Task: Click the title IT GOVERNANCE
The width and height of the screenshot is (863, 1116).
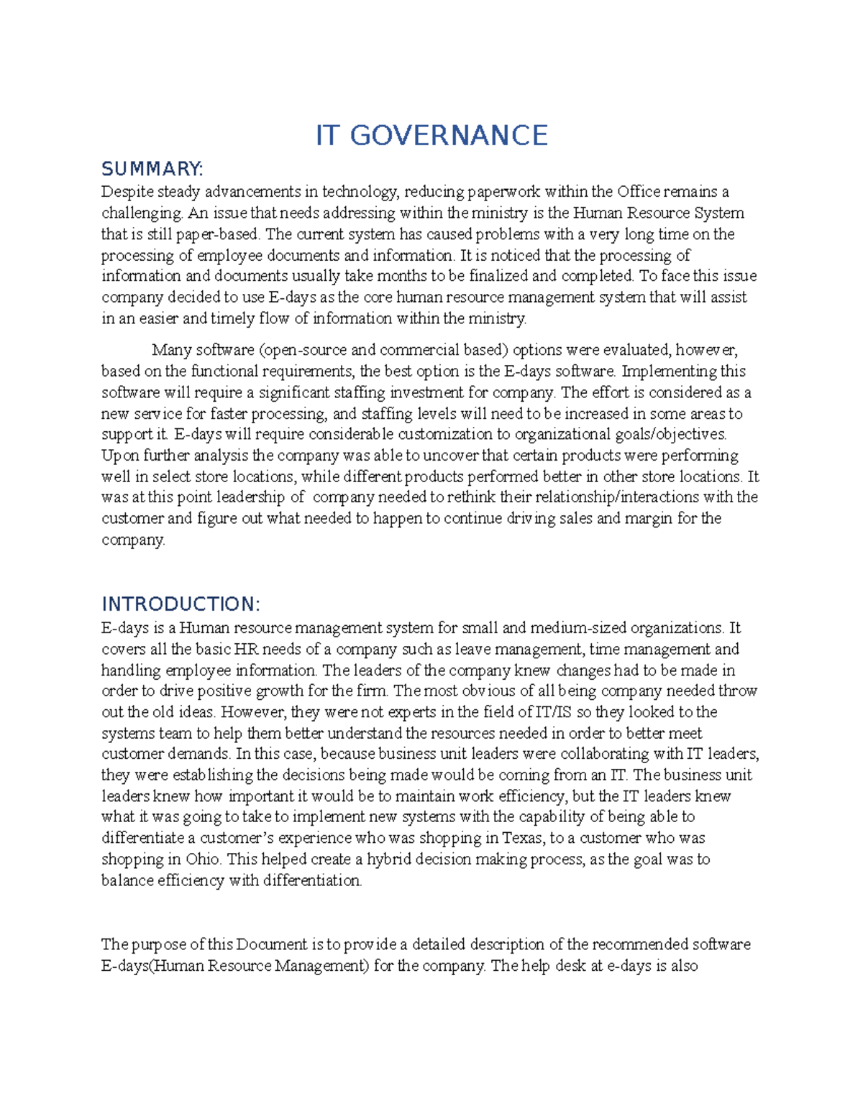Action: point(431,135)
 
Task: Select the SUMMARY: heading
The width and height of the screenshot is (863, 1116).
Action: point(152,169)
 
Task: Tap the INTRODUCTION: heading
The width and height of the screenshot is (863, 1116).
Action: point(181,604)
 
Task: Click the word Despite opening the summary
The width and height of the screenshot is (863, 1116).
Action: point(127,192)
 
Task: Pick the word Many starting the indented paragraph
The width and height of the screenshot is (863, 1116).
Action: point(171,350)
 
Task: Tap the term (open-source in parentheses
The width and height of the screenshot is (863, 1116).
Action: point(302,350)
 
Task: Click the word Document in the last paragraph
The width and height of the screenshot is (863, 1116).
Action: point(271,944)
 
